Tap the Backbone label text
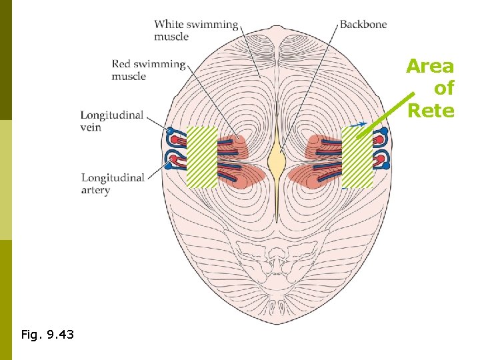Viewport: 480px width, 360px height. tap(363, 25)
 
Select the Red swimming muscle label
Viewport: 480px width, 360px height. tap(148, 70)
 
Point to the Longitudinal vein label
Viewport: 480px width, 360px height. tap(112, 121)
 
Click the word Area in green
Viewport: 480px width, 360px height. tap(430, 67)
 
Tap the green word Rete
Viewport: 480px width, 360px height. tap(431, 111)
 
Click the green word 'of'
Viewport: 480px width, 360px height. tap(443, 89)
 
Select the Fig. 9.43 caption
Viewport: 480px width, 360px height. tap(47, 334)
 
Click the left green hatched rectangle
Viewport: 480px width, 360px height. tap(202, 157)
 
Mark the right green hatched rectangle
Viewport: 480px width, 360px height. tap(357, 157)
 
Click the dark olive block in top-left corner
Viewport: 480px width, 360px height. tap(6, 60)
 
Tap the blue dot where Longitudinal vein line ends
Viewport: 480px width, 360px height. tap(170, 130)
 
